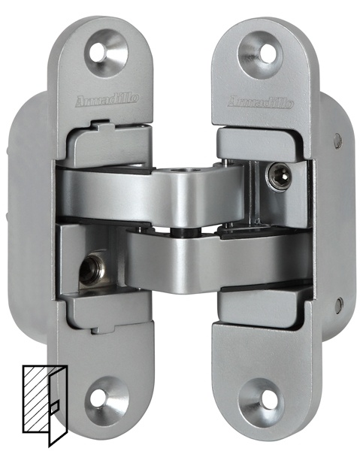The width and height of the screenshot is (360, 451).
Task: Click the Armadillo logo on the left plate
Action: (107, 99)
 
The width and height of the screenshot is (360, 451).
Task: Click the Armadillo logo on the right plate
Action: (261, 101)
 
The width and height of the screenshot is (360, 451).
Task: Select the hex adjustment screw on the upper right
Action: (279, 177)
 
